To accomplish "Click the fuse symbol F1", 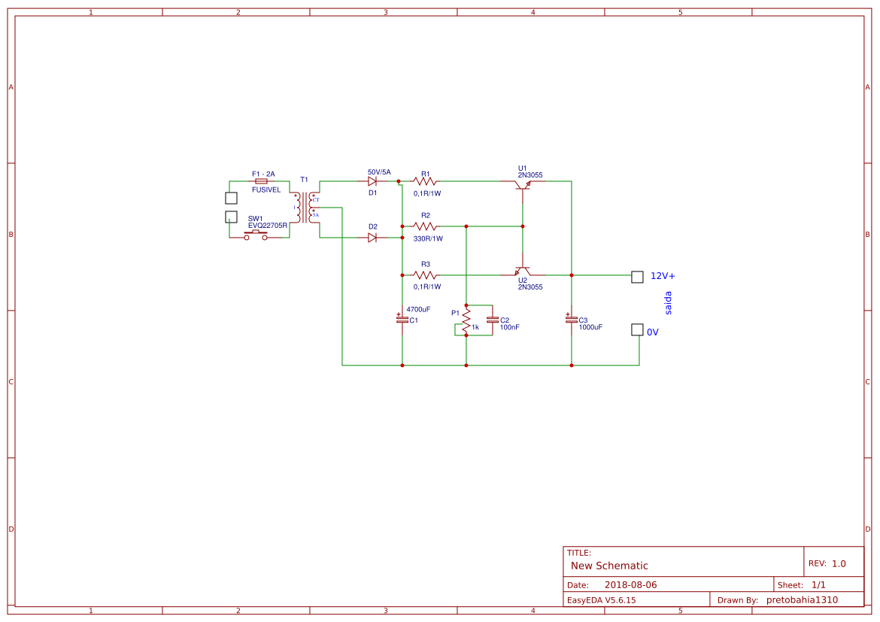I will (261, 181).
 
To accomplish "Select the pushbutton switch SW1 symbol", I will (256, 235).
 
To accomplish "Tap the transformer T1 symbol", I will (305, 207).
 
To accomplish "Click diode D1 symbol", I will (372, 181).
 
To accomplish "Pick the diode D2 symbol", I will (372, 238).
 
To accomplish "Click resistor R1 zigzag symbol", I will (425, 181).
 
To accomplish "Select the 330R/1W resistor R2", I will (425, 226).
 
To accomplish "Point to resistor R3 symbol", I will (425, 275).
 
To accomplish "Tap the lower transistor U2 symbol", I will (523, 271).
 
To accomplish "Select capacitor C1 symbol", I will (402, 319).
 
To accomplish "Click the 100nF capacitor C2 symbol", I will (493, 320).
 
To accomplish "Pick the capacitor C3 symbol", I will (572, 319).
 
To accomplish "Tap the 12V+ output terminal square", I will (637, 277).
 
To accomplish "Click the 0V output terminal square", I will (637, 329).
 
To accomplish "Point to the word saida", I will (668, 303).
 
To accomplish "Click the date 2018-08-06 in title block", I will (630, 584).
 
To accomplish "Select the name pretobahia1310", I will (802, 599).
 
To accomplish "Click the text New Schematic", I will (609, 566).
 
